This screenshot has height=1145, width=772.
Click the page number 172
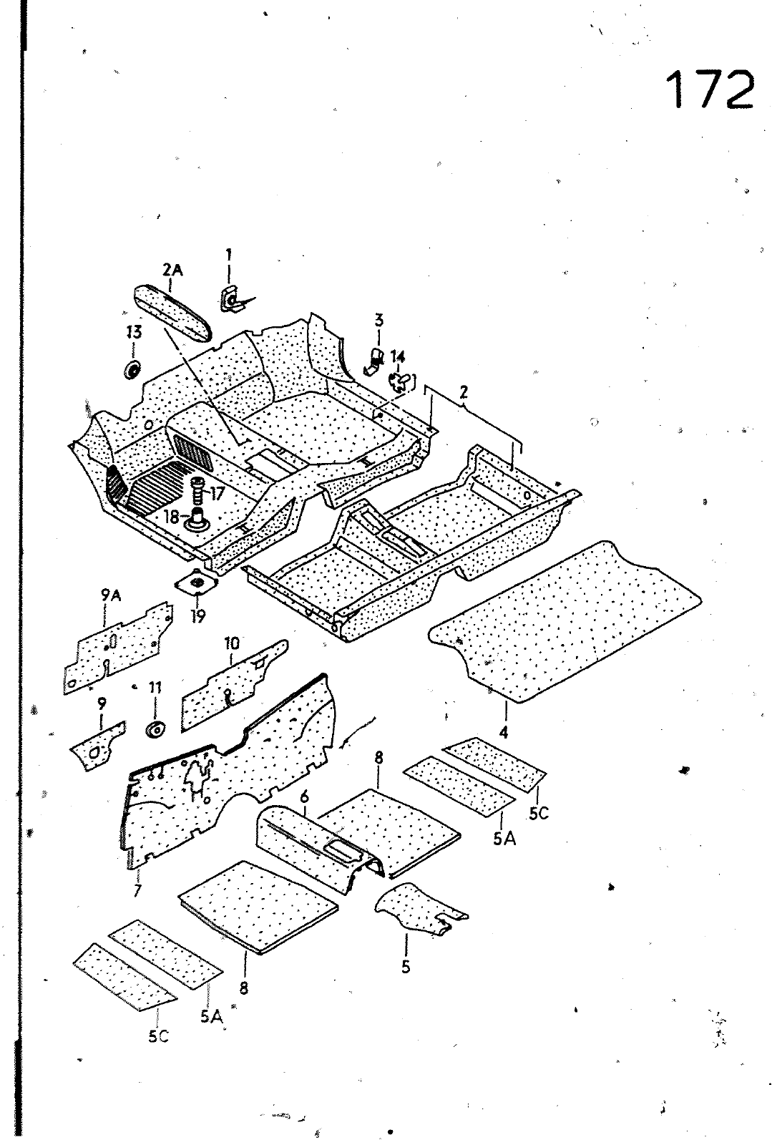click(x=710, y=89)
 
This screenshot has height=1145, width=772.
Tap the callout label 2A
click(x=172, y=269)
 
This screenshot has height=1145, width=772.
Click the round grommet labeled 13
click(x=132, y=371)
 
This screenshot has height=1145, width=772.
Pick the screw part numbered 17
click(x=197, y=492)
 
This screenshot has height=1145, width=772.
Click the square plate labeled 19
click(x=196, y=585)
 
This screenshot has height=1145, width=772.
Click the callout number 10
click(x=233, y=643)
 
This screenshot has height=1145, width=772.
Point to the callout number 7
click(x=137, y=891)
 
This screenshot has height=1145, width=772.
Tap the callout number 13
click(x=133, y=332)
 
